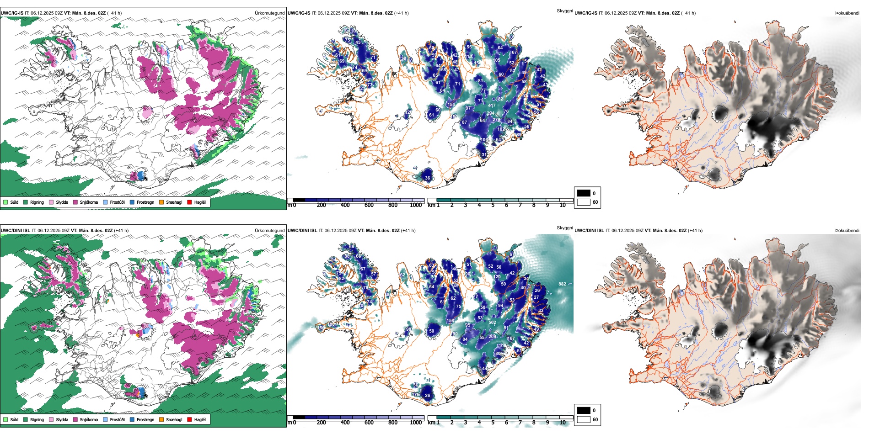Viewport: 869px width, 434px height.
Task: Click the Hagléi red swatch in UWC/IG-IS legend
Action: point(190,202)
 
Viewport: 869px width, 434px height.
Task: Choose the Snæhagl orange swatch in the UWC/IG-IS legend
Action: point(161,202)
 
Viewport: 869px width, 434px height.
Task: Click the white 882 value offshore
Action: point(562,284)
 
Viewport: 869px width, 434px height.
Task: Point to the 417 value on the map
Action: point(492,106)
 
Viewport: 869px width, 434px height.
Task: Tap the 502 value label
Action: point(492,323)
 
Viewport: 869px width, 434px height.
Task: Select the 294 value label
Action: point(490,113)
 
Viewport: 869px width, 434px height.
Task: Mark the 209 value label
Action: point(492,337)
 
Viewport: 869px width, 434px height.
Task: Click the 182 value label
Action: point(499,99)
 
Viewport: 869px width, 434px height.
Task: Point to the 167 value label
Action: point(511,339)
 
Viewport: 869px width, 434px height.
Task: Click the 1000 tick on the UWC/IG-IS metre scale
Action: point(416,205)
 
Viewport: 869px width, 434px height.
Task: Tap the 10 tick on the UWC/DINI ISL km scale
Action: point(563,423)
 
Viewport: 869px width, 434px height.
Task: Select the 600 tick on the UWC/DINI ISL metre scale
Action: point(369,423)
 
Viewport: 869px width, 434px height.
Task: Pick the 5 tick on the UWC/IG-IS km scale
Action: point(493,205)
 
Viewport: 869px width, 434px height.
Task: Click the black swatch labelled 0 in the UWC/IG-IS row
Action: point(584,193)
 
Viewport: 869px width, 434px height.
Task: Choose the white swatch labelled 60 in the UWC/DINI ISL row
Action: point(584,419)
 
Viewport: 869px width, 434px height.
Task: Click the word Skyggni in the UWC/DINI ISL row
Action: point(565,228)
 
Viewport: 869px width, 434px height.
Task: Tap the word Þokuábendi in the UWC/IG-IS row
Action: point(847,13)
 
